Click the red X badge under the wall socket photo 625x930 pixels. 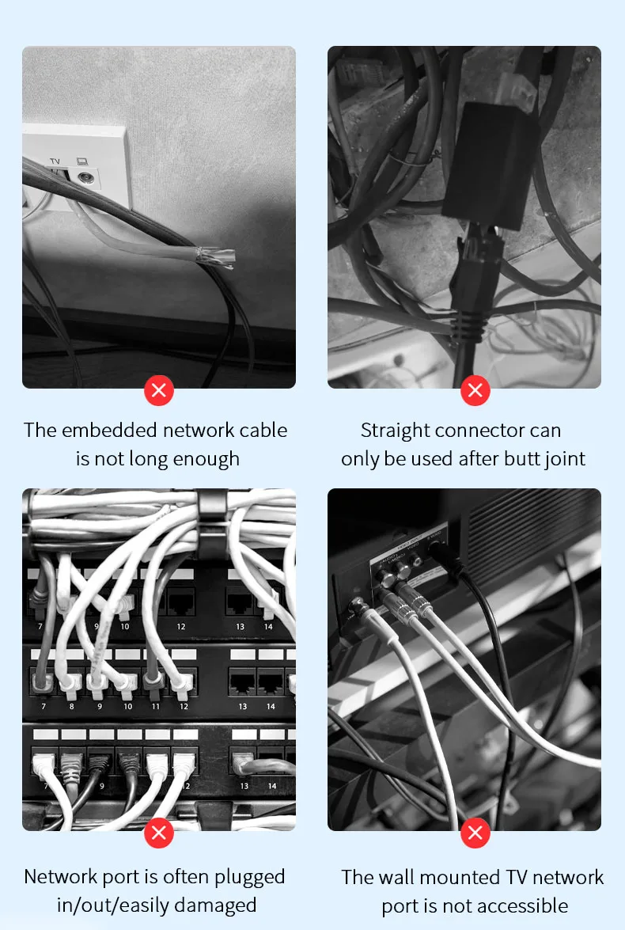(x=159, y=390)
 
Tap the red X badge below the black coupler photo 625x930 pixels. (x=475, y=390)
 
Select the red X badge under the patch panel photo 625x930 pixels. (x=159, y=833)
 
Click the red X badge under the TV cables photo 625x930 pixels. (x=475, y=833)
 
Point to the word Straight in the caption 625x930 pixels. (x=396, y=431)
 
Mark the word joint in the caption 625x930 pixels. (x=562, y=458)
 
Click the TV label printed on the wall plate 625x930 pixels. (x=55, y=161)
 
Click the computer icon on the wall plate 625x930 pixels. (x=81, y=161)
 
